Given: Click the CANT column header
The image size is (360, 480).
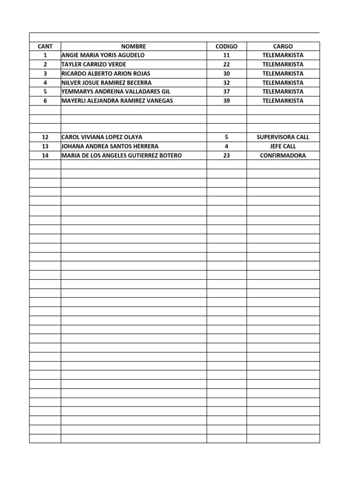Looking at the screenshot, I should point(45,46).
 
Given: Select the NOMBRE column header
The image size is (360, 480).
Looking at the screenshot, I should point(134,46).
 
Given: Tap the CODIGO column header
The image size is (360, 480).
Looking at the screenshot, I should point(226,46).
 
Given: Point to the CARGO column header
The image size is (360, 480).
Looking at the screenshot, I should point(283,46).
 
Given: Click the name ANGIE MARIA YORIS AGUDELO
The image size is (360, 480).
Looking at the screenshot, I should point(103,55).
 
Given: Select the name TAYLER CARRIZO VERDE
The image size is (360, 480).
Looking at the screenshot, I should point(94,64).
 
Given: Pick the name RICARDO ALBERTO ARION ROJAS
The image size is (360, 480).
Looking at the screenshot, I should point(106,74).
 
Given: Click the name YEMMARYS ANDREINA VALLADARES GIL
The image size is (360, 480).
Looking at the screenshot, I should point(116,91).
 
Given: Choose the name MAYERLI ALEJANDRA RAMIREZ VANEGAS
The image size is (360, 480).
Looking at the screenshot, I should point(117,101).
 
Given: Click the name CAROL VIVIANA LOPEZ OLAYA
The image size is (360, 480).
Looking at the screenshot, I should point(102,137).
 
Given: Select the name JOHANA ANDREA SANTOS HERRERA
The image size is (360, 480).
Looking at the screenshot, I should point(107,146).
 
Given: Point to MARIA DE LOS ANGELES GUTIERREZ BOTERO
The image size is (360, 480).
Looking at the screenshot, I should point(121,156).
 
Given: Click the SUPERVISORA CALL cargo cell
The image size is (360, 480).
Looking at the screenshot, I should point(283,137).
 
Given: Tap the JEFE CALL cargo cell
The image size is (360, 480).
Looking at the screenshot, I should point(283,146).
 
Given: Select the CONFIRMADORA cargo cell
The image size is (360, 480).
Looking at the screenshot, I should point(283,156).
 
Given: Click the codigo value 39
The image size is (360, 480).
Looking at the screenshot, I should point(226,101).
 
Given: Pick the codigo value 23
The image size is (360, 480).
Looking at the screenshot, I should point(226,156).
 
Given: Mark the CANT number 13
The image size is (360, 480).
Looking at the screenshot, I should point(45,146).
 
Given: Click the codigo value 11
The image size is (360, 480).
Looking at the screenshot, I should point(226,55).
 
